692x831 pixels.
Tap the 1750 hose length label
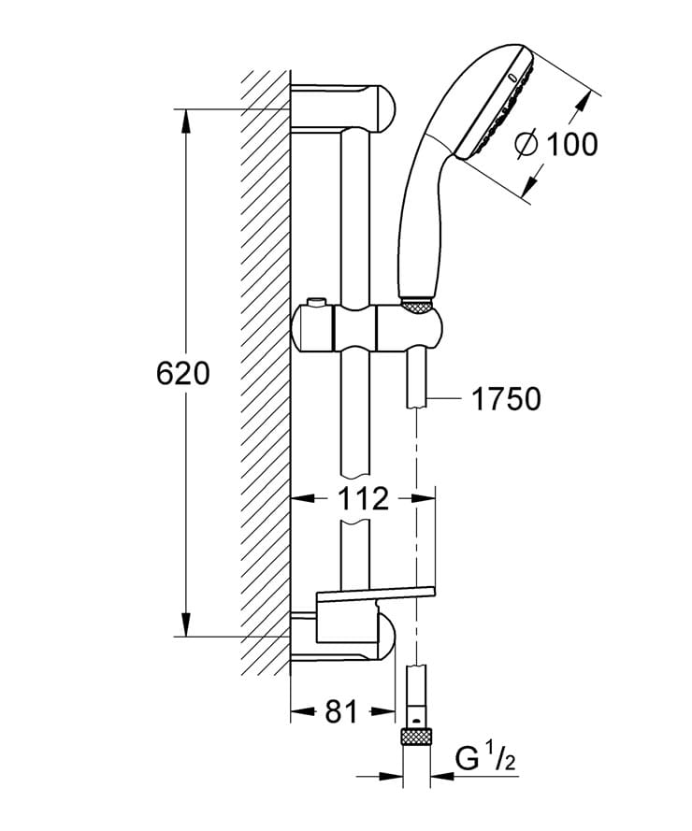click(505, 399)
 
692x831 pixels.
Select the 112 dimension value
click(363, 499)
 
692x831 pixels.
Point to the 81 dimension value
click(341, 712)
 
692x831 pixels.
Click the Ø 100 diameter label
click(556, 144)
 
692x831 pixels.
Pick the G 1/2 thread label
click(484, 757)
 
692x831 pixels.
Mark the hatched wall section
click(265, 374)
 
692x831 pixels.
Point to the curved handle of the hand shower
click(421, 206)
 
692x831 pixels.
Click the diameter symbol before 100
click(526, 144)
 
